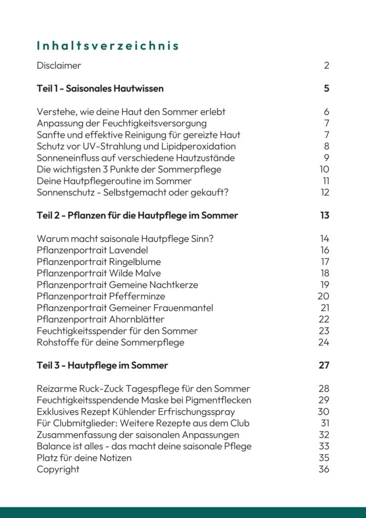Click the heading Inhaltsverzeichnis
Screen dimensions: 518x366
point(108,46)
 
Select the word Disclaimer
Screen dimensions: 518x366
point(59,65)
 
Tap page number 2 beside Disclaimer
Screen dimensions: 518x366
point(327,65)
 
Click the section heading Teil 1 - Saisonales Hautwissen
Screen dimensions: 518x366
point(100,89)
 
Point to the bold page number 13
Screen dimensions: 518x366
point(325,215)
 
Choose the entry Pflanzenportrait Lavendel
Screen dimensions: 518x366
point(93,250)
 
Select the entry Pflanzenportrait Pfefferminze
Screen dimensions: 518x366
point(101,296)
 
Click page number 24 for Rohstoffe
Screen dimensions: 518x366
point(324,342)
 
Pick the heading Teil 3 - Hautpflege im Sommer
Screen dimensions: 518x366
point(102,365)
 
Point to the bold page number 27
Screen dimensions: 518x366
point(324,365)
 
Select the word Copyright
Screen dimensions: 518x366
point(58,469)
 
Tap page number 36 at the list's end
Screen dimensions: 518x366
point(324,469)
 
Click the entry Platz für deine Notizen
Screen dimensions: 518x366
point(84,457)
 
